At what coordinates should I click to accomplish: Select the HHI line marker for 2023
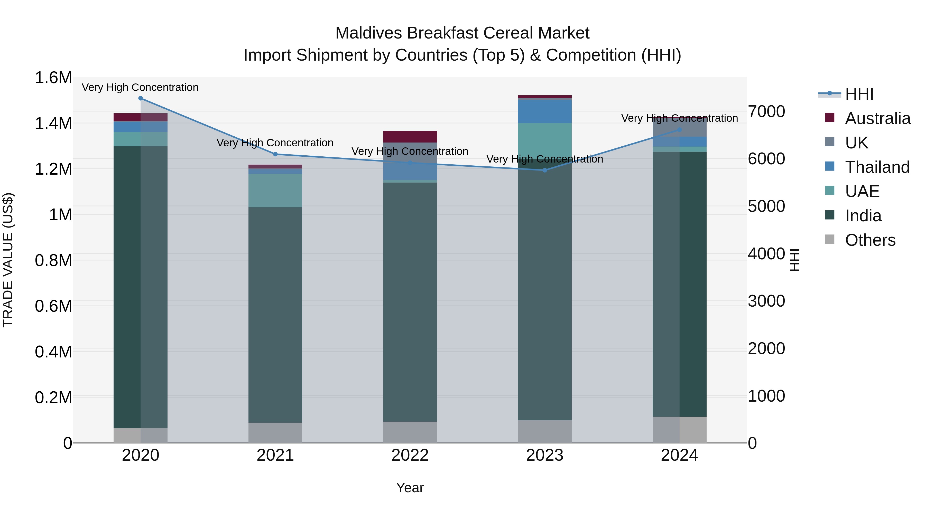[544, 170]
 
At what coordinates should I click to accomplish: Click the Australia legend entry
[877, 118]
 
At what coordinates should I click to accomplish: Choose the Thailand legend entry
[877, 167]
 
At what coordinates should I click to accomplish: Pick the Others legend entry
[870, 240]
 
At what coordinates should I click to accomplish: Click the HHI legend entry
[859, 94]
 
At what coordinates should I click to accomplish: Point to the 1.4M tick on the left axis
[53, 124]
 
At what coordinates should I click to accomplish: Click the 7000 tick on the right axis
[766, 112]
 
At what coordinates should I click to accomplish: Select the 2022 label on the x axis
[410, 455]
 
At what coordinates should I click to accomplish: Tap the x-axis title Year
[410, 488]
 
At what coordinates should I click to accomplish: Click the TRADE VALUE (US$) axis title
[8, 260]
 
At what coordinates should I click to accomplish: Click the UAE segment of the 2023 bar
[544, 141]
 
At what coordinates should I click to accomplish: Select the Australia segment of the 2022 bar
[410, 137]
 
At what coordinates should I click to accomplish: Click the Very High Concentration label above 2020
[140, 87]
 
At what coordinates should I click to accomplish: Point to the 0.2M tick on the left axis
[53, 398]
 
